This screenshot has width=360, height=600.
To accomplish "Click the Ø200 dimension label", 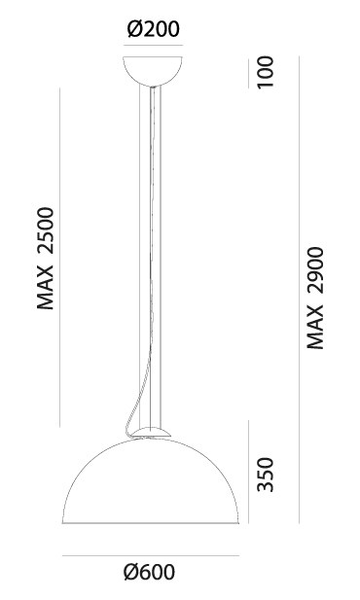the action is coord(153,29).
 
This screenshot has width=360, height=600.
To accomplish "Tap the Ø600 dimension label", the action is coord(150,572).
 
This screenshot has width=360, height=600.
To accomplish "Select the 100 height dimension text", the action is coord(266,72).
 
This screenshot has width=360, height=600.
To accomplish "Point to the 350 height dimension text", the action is coord(266,475).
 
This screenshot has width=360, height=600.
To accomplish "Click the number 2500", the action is coord(46,230).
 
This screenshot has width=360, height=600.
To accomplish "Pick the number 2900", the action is coord(315,271).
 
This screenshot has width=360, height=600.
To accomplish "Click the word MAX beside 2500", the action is coord(46,287).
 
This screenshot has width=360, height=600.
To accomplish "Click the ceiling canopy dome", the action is coord(153,71).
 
